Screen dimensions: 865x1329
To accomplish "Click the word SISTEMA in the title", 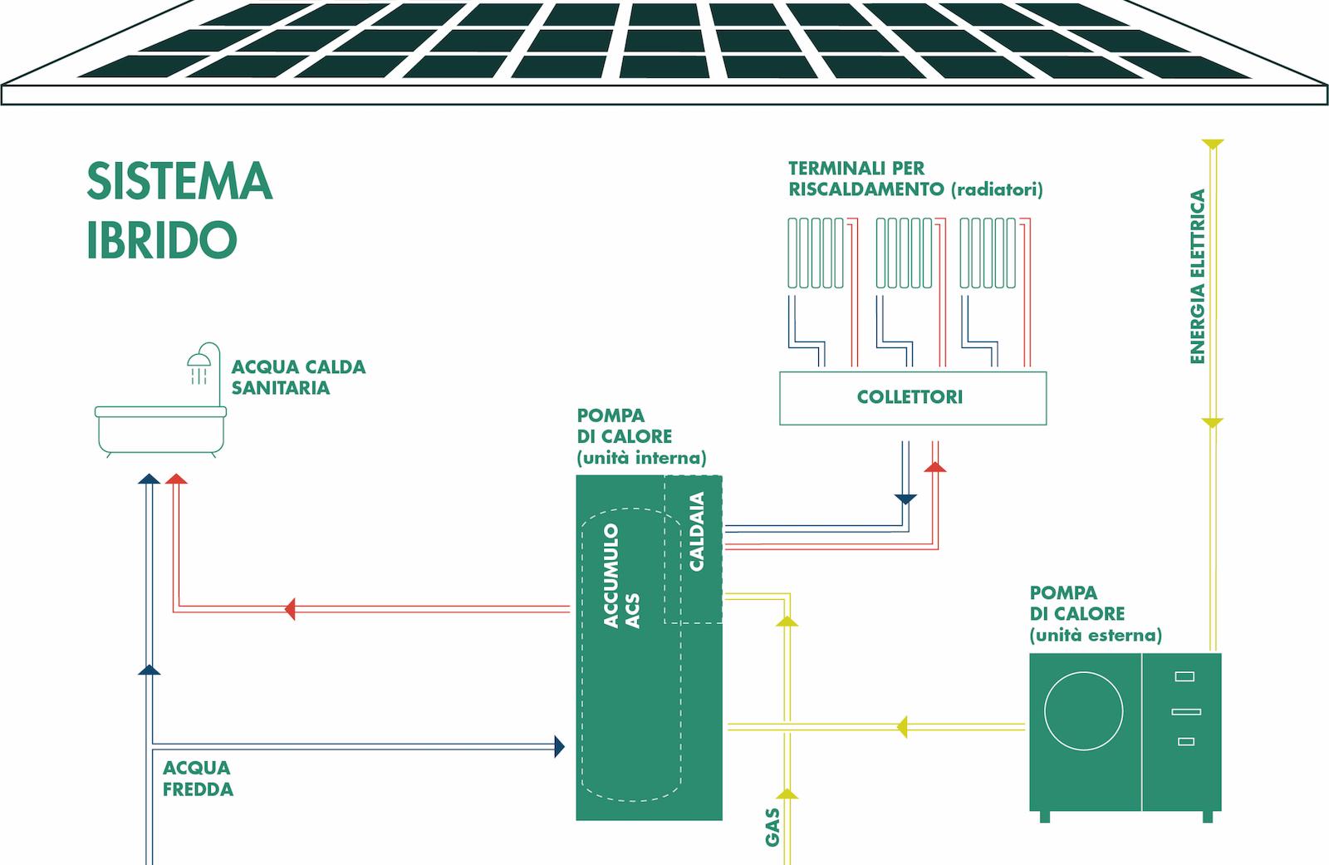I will (x=179, y=181).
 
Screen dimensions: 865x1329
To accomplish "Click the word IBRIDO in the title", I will (x=162, y=239).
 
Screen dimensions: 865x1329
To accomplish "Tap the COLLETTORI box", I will (x=912, y=398).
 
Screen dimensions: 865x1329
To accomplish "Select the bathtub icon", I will (x=160, y=428).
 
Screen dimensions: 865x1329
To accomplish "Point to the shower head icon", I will (x=199, y=361).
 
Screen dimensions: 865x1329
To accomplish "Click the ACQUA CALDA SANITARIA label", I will (x=297, y=377).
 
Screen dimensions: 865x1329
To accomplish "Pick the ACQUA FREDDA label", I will (x=198, y=779).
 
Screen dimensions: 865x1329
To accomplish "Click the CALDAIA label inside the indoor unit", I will (x=697, y=531).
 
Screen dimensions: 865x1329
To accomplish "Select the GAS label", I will (x=772, y=827).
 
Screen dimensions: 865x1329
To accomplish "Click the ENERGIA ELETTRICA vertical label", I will (x=1197, y=277).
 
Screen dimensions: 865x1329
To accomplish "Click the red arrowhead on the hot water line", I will (x=290, y=609).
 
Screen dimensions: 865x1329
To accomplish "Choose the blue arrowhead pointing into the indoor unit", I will (x=560, y=745).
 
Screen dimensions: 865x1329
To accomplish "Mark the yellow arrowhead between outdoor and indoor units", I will (x=901, y=727).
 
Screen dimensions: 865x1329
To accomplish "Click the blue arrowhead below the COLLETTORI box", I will (x=905, y=499).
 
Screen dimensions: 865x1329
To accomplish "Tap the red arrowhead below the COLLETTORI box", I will (x=935, y=467).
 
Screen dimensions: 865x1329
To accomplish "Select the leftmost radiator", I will (x=816, y=253).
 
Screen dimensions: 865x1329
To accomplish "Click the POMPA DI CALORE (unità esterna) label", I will (x=1095, y=614).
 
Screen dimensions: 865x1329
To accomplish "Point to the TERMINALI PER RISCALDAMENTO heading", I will (x=915, y=179).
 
